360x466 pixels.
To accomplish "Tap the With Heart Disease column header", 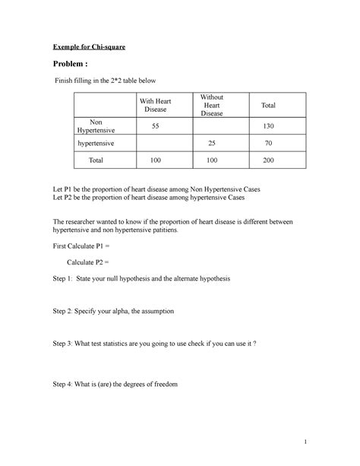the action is pyautogui.click(x=155, y=106).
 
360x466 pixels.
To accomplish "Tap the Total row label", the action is pyautogui.click(x=96, y=160).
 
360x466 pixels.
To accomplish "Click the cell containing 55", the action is pyautogui.click(x=155, y=125).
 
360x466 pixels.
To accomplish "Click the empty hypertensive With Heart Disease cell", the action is pyautogui.click(x=155, y=142).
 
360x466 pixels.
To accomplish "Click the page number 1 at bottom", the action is pyautogui.click(x=302, y=442).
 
